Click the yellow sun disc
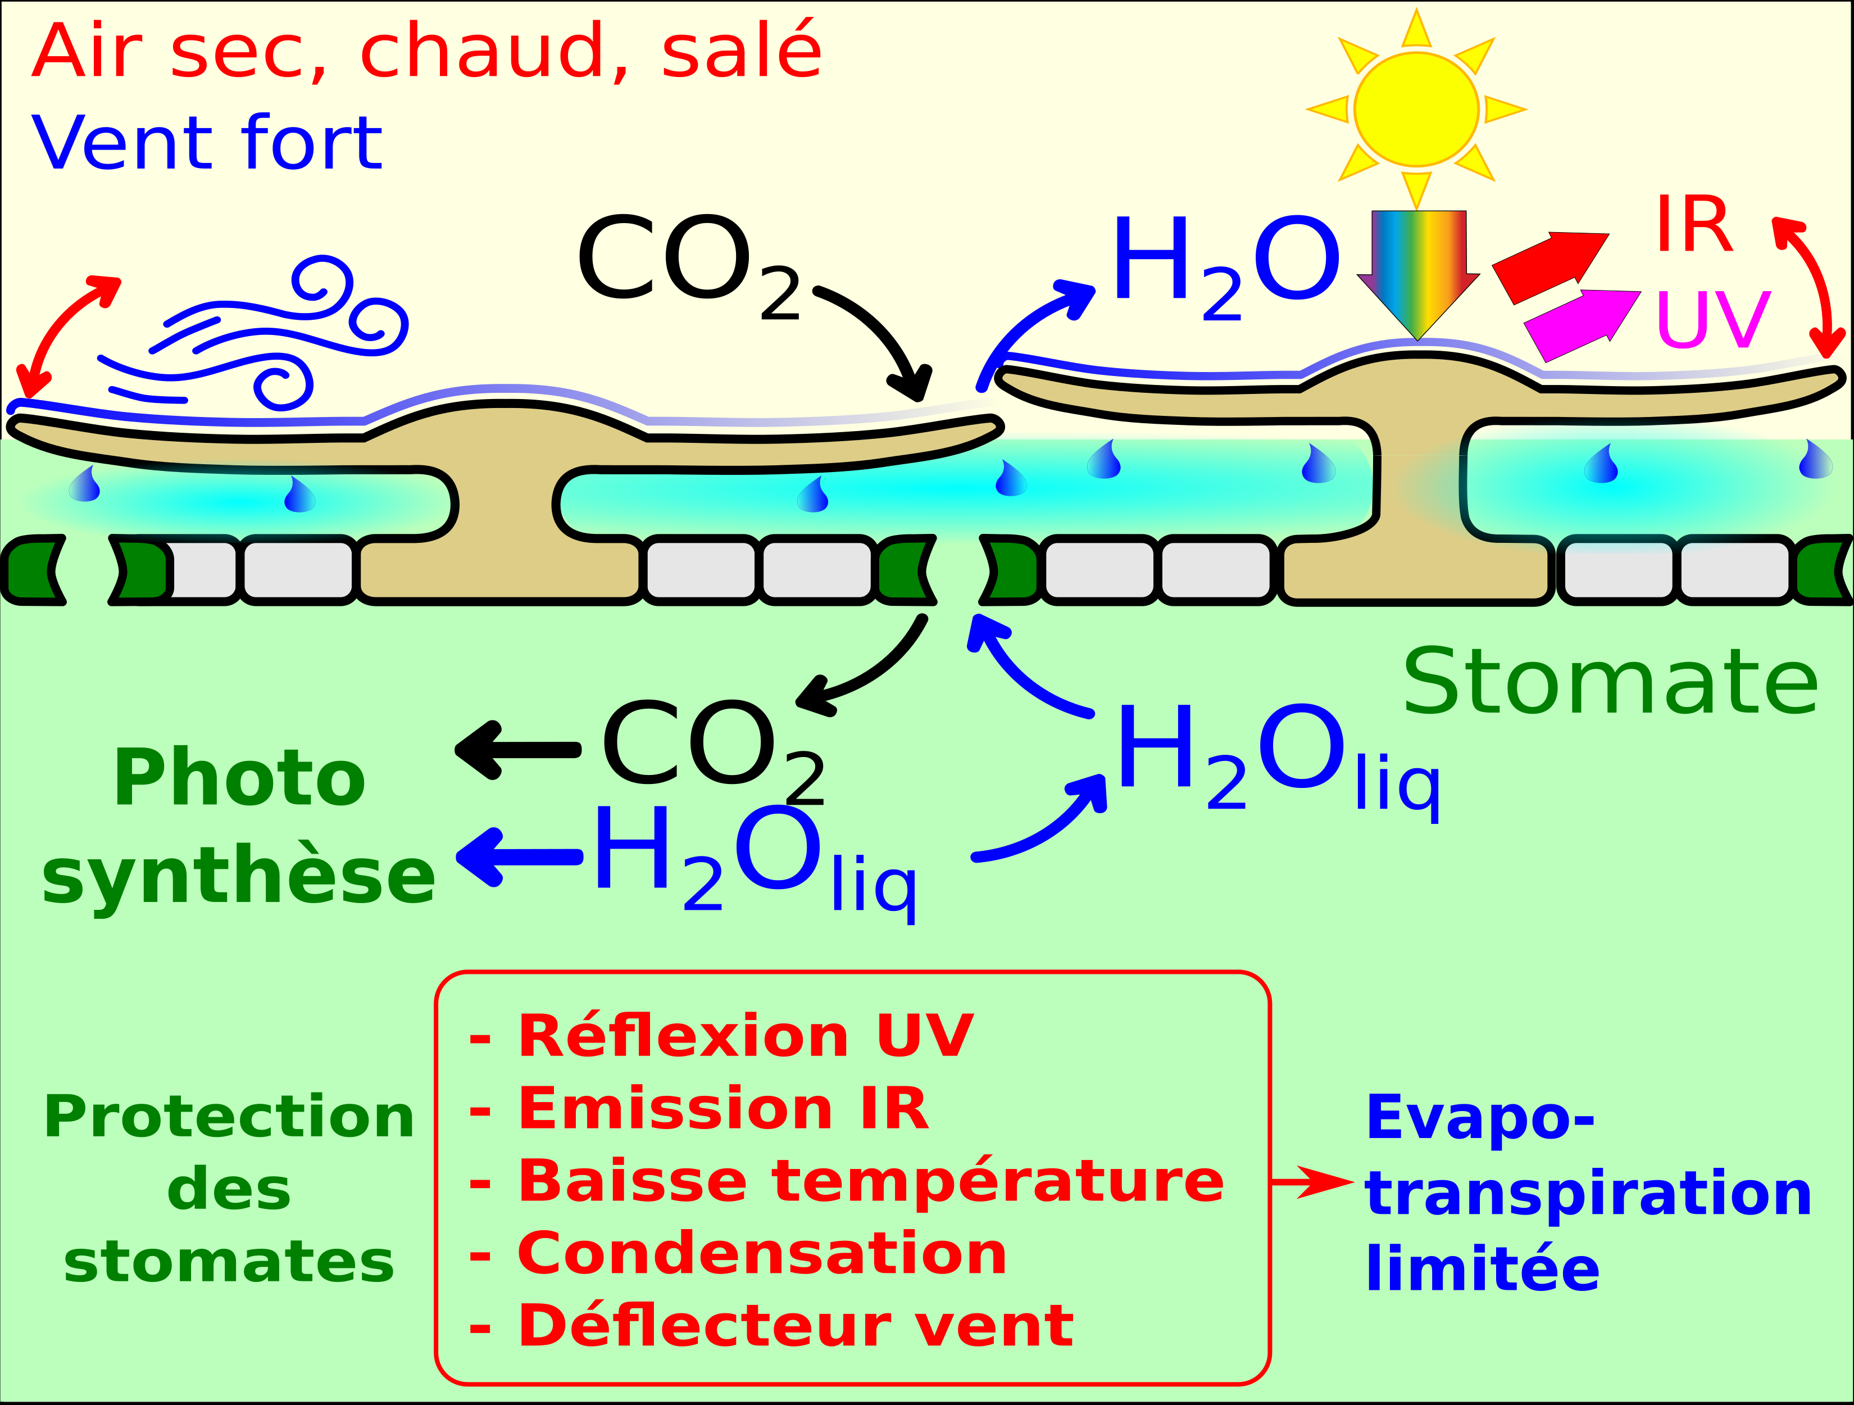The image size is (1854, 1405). pyautogui.click(x=1416, y=109)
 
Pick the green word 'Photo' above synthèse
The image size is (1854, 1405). pyautogui.click(x=240, y=779)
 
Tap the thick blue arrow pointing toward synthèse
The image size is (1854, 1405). pyautogui.click(x=520, y=856)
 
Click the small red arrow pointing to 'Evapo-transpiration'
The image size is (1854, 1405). pyautogui.click(x=1312, y=1182)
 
